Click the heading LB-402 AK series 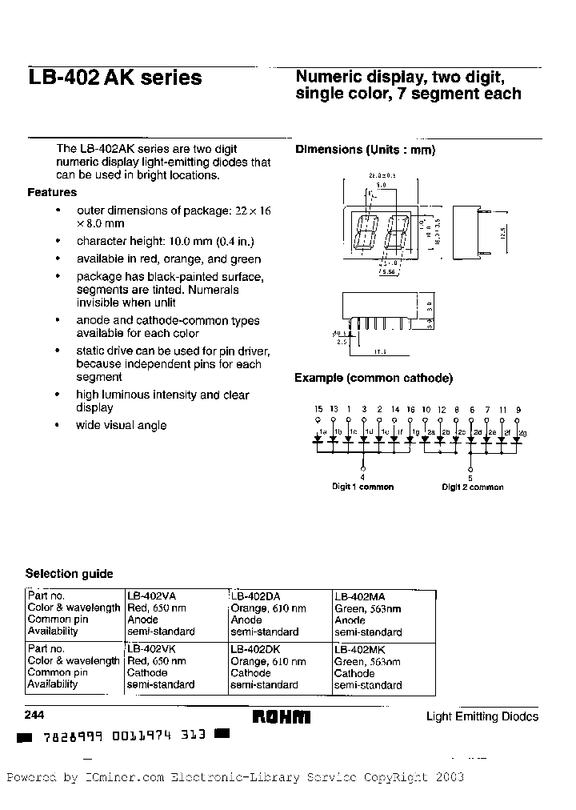114,78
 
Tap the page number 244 36,716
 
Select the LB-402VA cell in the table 152,596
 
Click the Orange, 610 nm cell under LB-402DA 268,608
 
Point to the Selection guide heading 69,574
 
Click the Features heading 52,192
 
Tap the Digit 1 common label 363,487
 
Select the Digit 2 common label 472,487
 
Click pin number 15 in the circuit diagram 318,409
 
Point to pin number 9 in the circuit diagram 518,409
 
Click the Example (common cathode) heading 374,378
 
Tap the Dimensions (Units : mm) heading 365,150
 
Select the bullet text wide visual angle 121,425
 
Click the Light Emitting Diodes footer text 482,717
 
